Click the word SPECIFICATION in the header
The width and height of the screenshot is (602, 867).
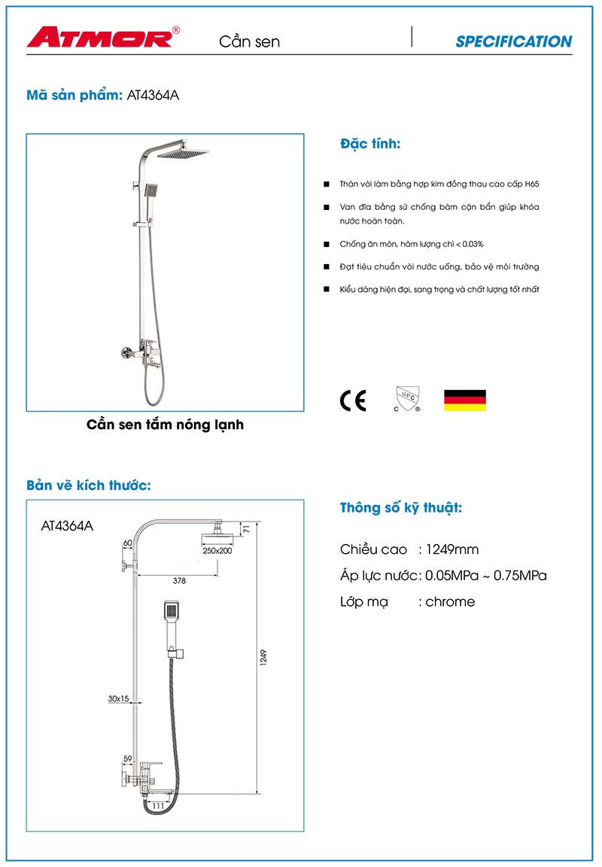(x=513, y=42)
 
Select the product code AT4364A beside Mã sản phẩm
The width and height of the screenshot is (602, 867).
(x=154, y=96)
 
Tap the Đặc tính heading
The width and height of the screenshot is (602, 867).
(x=370, y=144)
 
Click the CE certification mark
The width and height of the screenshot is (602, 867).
(x=353, y=401)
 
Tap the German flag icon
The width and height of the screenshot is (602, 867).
(x=464, y=400)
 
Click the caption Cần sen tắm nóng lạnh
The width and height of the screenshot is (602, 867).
(x=166, y=425)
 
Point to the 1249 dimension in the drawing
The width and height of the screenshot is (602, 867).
(x=263, y=657)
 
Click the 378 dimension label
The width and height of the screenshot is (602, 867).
(x=179, y=581)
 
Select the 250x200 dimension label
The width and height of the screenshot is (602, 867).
(x=217, y=551)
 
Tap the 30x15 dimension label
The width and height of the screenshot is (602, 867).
(x=118, y=699)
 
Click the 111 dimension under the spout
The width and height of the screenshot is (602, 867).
(x=158, y=806)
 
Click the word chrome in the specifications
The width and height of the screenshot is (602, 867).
(x=450, y=601)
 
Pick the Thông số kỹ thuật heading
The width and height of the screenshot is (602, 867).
(x=401, y=508)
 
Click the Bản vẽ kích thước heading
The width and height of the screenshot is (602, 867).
(x=89, y=485)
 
